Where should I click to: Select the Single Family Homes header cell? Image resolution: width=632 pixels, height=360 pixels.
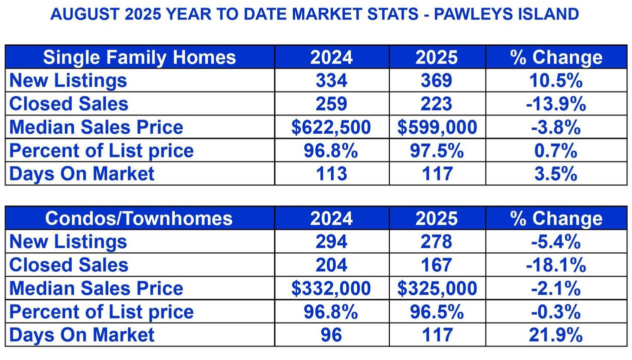click(x=140, y=57)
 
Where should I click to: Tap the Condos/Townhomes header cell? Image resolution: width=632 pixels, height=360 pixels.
click(x=140, y=218)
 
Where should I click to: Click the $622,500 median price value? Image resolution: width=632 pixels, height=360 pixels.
click(x=331, y=127)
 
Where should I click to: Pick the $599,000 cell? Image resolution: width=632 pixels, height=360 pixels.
click(x=437, y=127)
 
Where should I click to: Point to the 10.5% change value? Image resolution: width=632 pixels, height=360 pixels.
click(x=556, y=80)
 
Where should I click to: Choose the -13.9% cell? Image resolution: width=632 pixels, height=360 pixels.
click(x=556, y=103)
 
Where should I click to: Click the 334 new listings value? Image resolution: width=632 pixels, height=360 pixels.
click(x=331, y=80)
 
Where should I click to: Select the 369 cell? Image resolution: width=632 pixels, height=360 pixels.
click(x=436, y=80)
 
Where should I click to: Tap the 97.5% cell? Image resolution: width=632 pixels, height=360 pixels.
click(x=437, y=150)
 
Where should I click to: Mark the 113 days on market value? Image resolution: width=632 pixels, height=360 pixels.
click(x=331, y=173)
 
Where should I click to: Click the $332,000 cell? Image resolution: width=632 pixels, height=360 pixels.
click(x=331, y=288)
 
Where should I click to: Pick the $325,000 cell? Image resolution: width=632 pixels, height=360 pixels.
click(x=437, y=288)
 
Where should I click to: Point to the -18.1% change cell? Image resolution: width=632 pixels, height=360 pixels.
click(x=556, y=265)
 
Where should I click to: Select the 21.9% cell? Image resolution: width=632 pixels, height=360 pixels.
click(x=556, y=335)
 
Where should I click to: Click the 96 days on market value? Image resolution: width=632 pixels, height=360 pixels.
click(x=331, y=335)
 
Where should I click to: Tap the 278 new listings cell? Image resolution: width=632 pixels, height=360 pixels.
click(x=436, y=242)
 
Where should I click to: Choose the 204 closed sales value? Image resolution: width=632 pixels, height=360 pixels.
click(x=331, y=265)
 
